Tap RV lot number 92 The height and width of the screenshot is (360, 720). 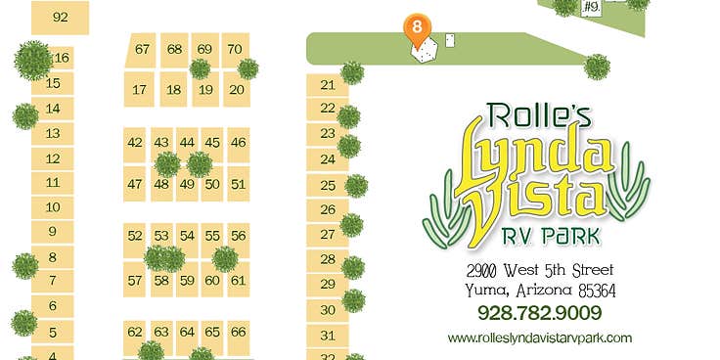coord(61,17)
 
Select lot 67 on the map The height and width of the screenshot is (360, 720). coord(143,50)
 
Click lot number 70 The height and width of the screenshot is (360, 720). coord(235,50)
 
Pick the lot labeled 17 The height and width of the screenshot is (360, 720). coord(140,90)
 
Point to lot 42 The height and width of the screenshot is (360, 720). coord(135,143)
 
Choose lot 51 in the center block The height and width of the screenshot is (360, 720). coord(238,183)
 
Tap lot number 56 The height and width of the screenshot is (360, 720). coord(238,236)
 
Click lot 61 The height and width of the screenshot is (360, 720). coord(238,281)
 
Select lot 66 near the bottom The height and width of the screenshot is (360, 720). coord(238,332)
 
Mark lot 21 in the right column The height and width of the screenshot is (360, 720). coord(328,84)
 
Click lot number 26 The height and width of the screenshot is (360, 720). coord(328,209)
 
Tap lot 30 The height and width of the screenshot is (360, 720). coord(328,310)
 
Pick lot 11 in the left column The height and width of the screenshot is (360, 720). coord(53,183)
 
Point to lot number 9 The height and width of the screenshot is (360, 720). coord(53,232)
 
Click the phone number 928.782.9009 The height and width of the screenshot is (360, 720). coord(539,314)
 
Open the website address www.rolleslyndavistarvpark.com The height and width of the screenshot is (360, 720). coord(540,338)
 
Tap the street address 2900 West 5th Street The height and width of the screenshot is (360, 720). coord(540,270)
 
